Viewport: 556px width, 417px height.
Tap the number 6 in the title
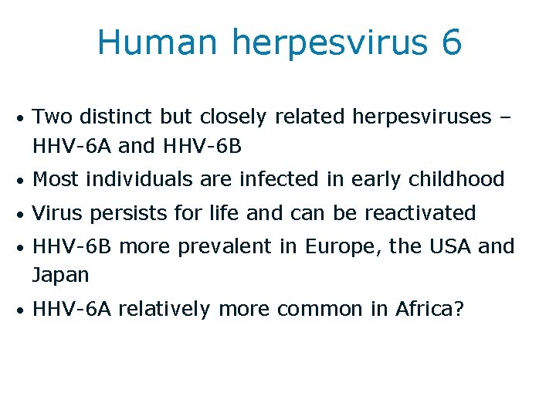tap(452, 42)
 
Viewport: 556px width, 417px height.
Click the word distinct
tap(117, 117)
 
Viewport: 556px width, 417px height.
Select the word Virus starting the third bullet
tap(55, 213)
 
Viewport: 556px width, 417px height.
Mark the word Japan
tap(61, 275)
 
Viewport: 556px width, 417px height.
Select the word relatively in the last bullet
tap(164, 310)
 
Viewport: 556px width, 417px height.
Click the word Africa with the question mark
tap(430, 309)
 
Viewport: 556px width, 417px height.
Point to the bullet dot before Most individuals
tap(24, 181)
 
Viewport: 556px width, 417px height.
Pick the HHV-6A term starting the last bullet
tap(73, 309)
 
